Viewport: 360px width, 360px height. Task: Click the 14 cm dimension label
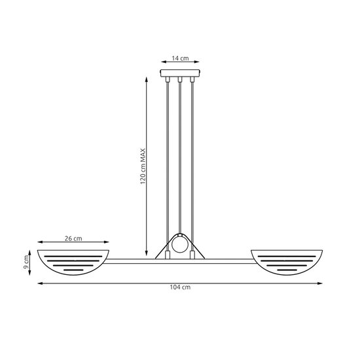pos(180,59)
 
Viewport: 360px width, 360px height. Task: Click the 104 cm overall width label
pos(180,288)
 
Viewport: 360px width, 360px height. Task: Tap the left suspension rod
pos(168,164)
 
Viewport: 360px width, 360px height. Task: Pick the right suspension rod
pos(192,164)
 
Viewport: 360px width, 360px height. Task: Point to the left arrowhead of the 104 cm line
pos(39,283)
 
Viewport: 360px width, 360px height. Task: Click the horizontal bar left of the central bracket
pos(131,261)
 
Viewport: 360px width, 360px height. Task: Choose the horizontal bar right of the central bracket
pos(229,261)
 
